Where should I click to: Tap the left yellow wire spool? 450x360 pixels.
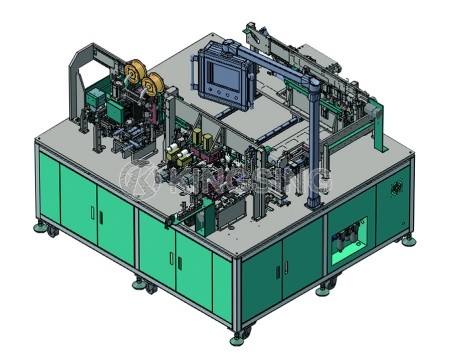(x=130, y=80)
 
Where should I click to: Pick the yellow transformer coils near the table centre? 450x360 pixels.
(x=186, y=155)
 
